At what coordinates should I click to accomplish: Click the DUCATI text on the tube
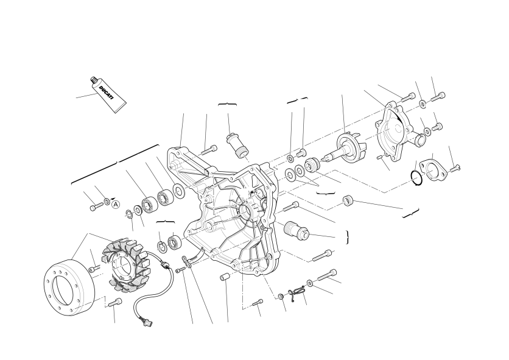point(107,93)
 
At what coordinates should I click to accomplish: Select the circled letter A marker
point(116,205)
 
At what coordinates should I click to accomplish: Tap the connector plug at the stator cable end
point(149,322)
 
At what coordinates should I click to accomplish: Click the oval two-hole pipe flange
point(433,169)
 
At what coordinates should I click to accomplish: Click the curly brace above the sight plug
point(227,104)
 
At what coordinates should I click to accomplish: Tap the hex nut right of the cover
point(348,200)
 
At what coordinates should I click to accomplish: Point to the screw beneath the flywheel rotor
point(115,303)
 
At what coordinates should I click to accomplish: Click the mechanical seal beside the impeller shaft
point(312,164)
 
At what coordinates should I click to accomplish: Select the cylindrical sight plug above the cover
point(237,146)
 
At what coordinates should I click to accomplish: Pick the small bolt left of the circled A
point(96,206)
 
